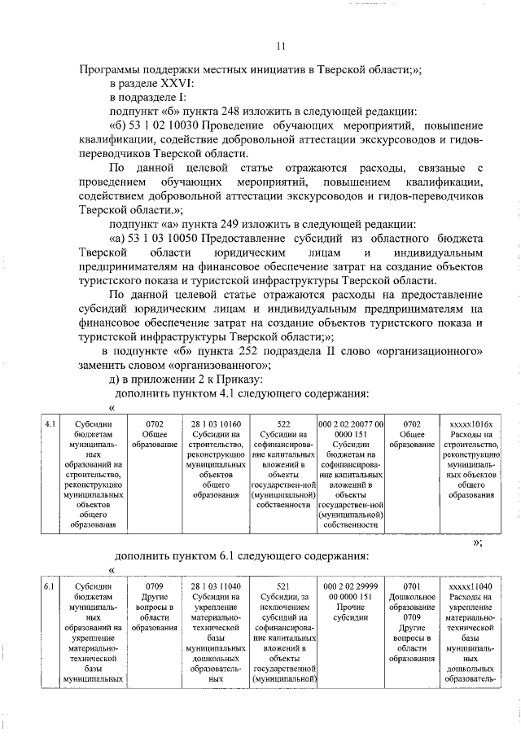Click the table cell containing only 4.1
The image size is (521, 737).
[x=49, y=424]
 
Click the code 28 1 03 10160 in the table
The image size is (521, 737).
[x=216, y=424]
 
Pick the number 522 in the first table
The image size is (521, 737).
[x=283, y=424]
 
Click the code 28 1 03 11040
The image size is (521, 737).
[x=216, y=586]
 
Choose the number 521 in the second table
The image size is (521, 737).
[x=283, y=586]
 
